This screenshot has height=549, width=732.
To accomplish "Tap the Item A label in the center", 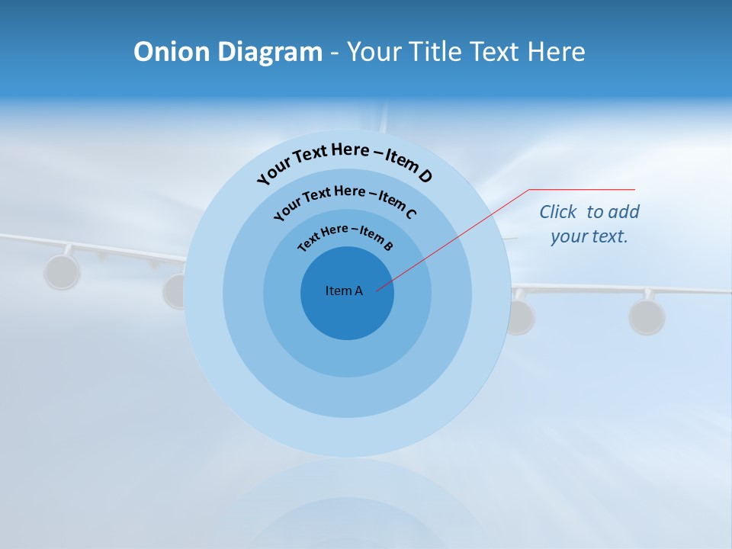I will tap(344, 291).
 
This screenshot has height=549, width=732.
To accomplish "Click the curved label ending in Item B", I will tap(345, 236).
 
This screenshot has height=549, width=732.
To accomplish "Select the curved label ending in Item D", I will tap(345, 162).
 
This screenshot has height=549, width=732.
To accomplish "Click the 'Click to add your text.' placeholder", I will tap(589, 223).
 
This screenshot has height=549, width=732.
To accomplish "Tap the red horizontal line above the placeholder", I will tap(582, 189).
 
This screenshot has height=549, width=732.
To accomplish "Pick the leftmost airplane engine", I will tap(62, 272).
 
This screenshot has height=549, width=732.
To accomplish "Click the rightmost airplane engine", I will tap(647, 316).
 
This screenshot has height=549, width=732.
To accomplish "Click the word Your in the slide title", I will tap(375, 52).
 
